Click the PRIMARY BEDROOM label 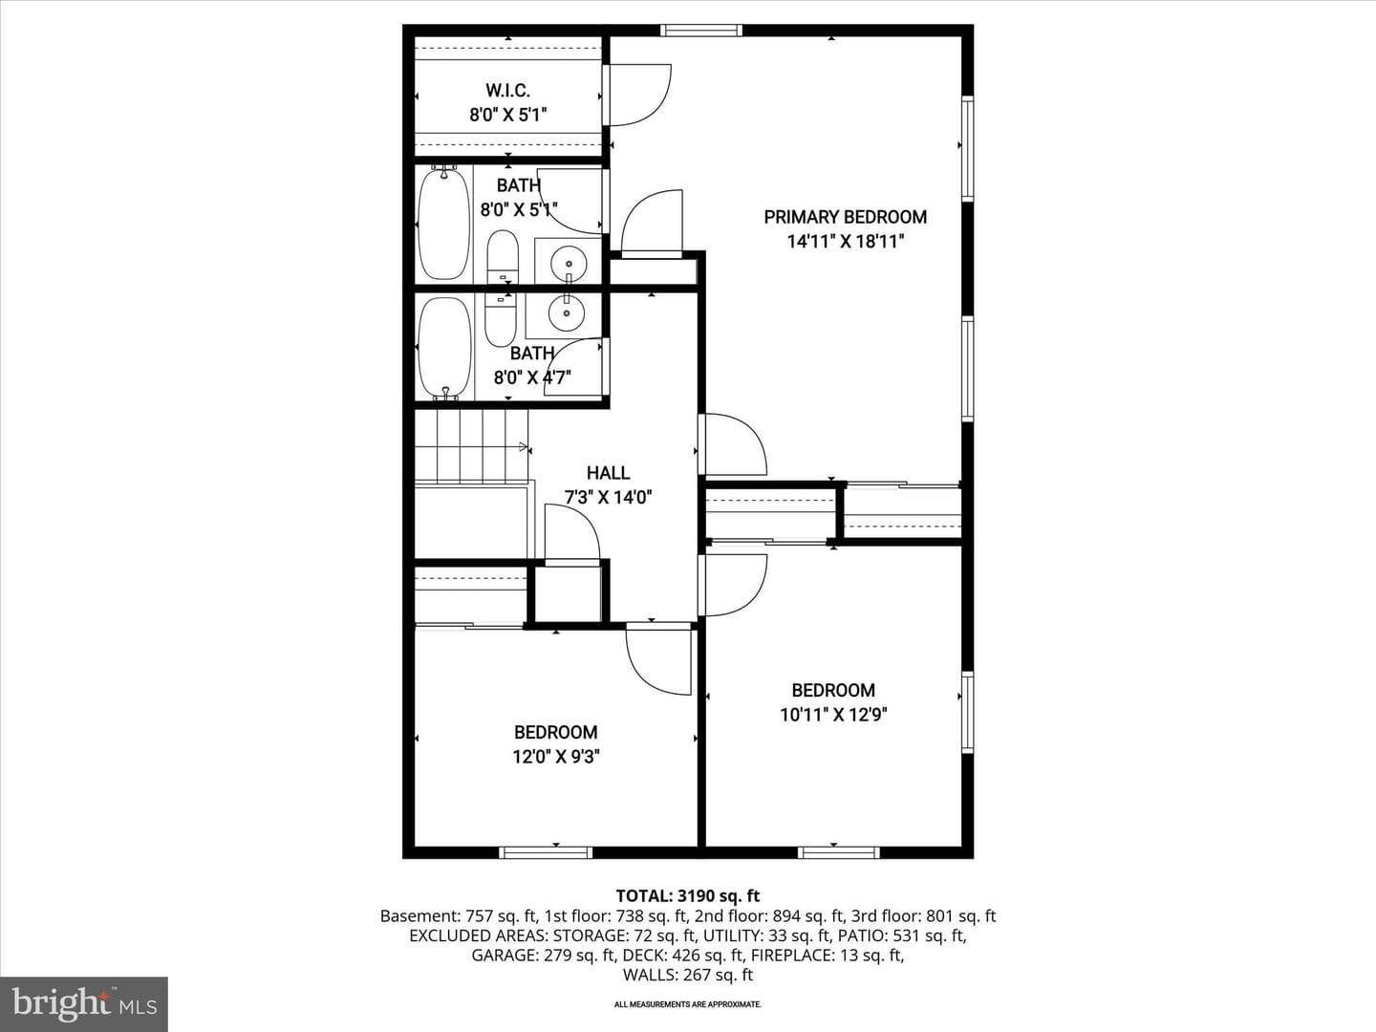click(845, 217)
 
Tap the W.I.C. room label click(507, 91)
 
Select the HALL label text click(608, 472)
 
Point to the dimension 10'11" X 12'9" click(833, 715)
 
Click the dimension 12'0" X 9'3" click(556, 757)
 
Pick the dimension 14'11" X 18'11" click(846, 241)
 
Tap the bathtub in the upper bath click(443, 223)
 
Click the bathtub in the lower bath click(445, 348)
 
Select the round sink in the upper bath click(568, 259)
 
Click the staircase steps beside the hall click(471, 446)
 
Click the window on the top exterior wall click(701, 30)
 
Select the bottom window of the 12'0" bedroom click(546, 852)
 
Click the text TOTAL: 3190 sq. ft click(688, 896)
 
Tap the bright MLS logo click(84, 1004)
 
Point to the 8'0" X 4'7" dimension click(533, 377)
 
